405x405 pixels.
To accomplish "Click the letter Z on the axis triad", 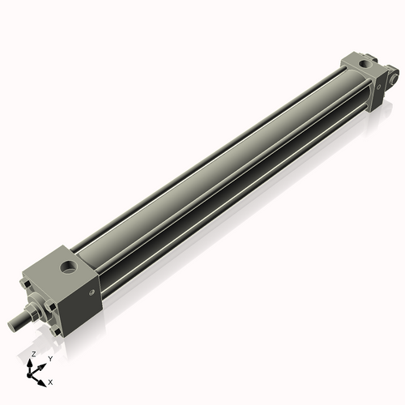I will [x=32, y=355].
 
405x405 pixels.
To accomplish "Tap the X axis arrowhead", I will [x=43, y=378].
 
